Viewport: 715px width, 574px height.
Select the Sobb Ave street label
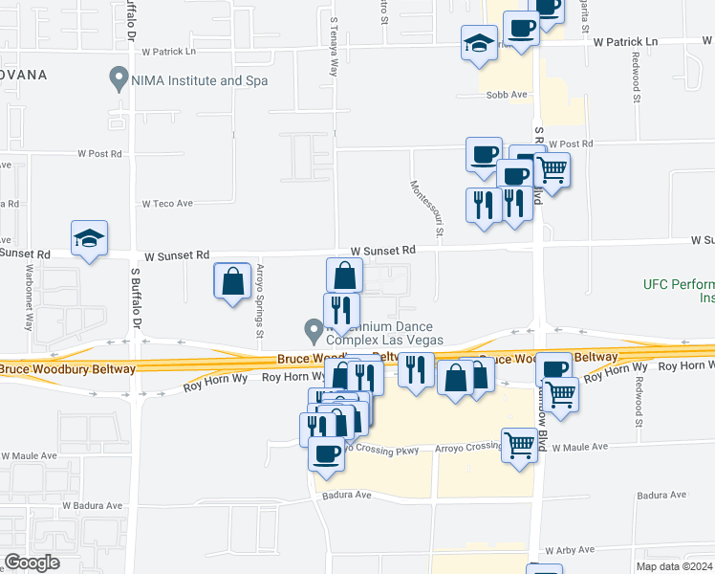click(507, 95)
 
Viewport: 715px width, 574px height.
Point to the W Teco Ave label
click(168, 204)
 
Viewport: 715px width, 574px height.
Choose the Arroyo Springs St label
click(259, 300)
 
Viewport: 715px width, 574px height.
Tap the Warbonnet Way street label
click(30, 297)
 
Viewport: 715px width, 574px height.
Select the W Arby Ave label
click(571, 551)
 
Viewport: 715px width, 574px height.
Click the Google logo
click(32, 563)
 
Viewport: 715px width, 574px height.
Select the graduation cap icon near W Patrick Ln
click(479, 43)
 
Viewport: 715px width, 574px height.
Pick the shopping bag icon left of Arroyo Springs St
click(232, 281)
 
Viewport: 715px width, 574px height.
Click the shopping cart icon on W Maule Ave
click(519, 444)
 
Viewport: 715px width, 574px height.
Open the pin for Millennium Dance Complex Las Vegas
click(313, 331)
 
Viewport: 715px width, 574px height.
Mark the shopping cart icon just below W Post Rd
click(552, 170)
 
